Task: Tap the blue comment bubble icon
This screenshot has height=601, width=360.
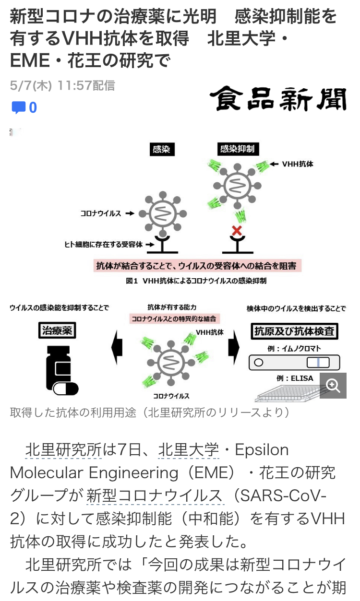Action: [19, 107]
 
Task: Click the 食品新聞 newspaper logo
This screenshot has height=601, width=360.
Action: [278, 99]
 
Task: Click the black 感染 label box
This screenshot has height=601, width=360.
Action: [161, 149]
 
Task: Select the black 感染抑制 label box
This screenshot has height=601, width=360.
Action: [237, 149]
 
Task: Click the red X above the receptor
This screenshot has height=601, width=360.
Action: [237, 231]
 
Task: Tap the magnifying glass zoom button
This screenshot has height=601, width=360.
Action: [333, 385]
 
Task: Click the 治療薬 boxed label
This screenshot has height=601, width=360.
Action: [57, 330]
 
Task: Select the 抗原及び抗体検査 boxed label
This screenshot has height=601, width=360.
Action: [294, 331]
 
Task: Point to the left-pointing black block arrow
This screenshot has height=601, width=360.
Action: [117, 346]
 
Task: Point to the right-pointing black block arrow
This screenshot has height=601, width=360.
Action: [234, 346]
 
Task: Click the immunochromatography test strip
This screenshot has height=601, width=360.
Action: [294, 362]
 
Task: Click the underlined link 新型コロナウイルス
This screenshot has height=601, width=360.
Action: [155, 496]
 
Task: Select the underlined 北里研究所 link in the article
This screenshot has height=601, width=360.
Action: [63, 450]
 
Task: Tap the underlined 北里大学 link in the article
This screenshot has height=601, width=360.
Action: [188, 450]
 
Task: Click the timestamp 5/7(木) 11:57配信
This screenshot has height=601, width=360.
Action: [62, 86]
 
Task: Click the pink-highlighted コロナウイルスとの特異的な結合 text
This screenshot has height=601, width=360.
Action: [174, 318]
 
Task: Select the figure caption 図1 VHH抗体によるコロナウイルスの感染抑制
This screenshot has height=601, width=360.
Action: [196, 281]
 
